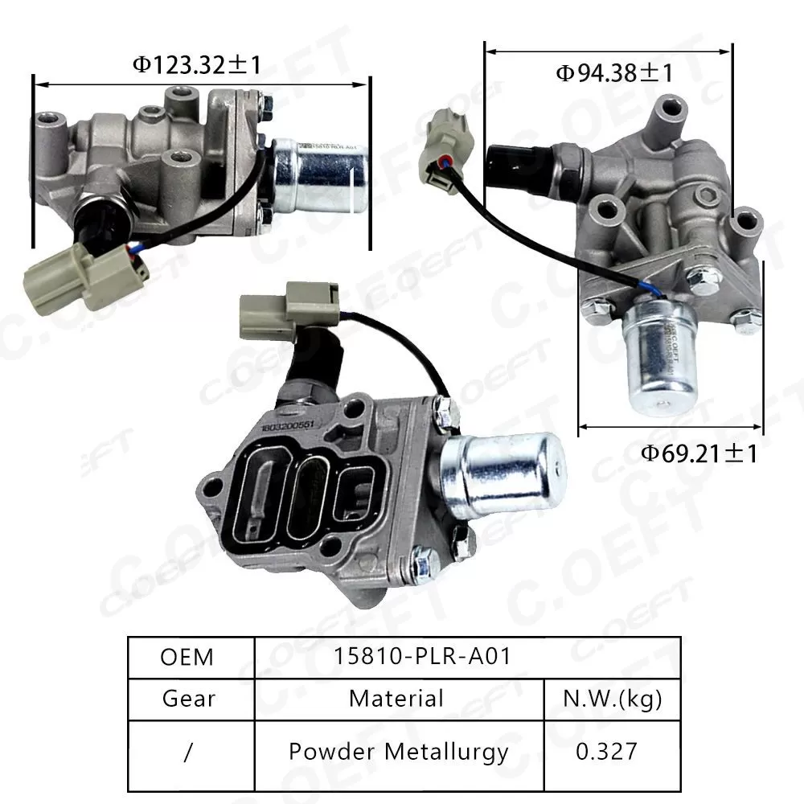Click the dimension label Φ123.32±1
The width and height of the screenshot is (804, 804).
[197, 64]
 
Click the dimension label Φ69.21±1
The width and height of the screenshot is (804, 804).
[699, 453]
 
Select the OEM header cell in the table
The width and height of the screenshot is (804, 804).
[187, 657]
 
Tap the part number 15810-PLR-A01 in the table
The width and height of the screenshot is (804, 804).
[422, 657]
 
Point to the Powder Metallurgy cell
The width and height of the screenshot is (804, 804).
[398, 752]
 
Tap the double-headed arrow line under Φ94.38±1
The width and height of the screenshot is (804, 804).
[608, 51]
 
